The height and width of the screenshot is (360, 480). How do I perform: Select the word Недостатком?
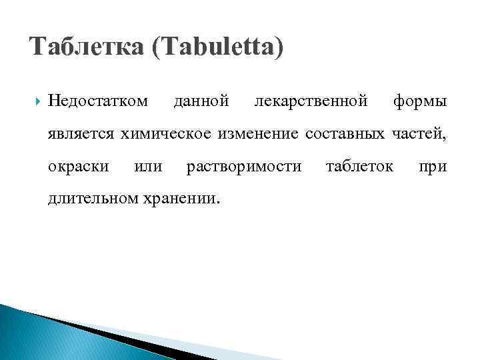(x=98, y=101)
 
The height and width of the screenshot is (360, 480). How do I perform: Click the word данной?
(x=201, y=101)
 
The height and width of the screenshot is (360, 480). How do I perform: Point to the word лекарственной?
(x=311, y=101)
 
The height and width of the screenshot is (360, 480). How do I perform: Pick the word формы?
(x=420, y=101)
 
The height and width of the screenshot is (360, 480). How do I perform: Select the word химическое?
(x=161, y=133)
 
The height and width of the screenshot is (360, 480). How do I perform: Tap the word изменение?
(x=245, y=133)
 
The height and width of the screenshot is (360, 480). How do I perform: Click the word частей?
(x=419, y=133)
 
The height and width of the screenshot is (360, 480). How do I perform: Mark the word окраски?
(x=79, y=165)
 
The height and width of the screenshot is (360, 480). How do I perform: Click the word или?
(x=148, y=165)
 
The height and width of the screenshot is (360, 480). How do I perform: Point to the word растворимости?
(x=244, y=166)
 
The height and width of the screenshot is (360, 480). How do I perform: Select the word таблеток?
(x=359, y=165)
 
